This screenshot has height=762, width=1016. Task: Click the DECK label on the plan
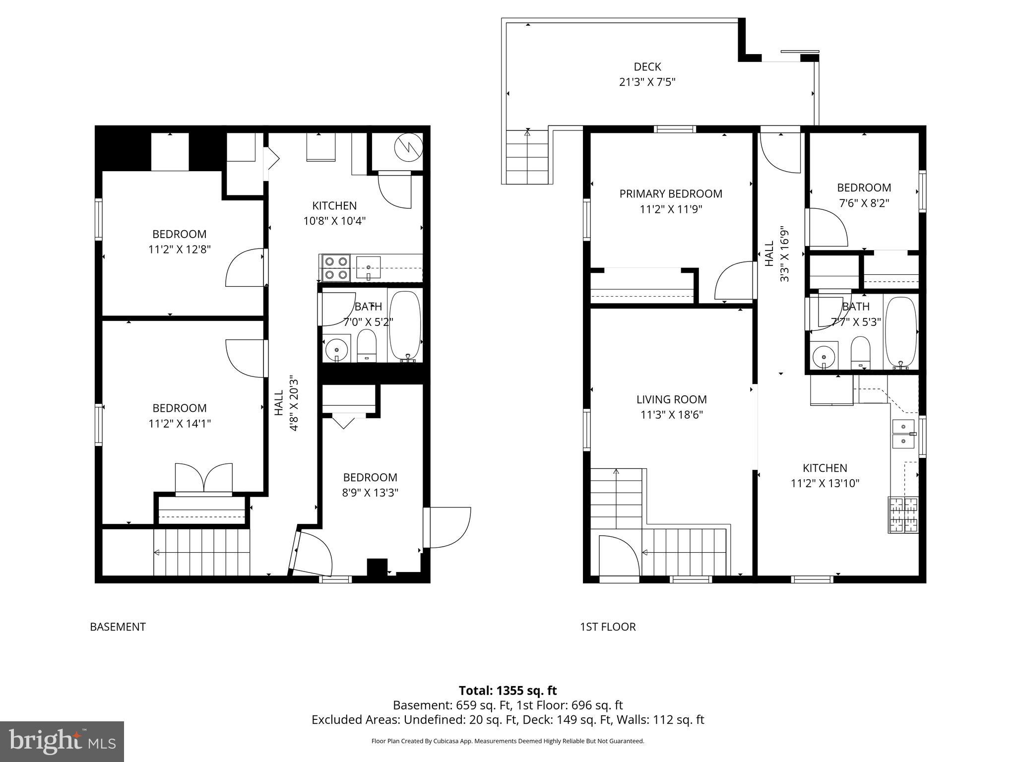(647, 66)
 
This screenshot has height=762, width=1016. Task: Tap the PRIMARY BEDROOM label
(671, 193)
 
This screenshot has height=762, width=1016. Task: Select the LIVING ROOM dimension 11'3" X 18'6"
(671, 415)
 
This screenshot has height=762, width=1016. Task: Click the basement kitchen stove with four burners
(335, 268)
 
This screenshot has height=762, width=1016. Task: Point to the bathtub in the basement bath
(405, 325)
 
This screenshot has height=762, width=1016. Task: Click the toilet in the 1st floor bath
(860, 353)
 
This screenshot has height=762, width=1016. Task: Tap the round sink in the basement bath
(337, 350)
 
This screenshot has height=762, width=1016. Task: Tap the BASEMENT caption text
(118, 627)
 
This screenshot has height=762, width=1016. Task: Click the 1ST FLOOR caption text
(608, 627)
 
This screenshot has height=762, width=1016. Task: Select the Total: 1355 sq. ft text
(508, 691)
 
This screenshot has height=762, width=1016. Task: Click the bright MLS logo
(62, 741)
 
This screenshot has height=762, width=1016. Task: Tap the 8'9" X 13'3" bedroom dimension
(370, 493)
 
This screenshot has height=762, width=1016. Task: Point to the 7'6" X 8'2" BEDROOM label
(864, 188)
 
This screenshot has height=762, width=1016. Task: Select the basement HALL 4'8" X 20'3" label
(287, 403)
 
